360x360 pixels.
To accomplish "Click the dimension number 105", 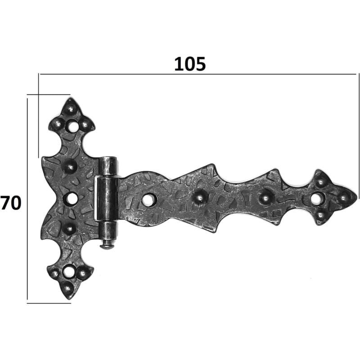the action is [190, 64].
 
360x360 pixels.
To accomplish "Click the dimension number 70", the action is [11, 203].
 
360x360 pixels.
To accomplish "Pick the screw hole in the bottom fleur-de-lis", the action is [68, 271].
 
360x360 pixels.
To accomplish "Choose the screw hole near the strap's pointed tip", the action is [316, 198].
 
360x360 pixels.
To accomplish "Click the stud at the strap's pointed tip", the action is [343, 198].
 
